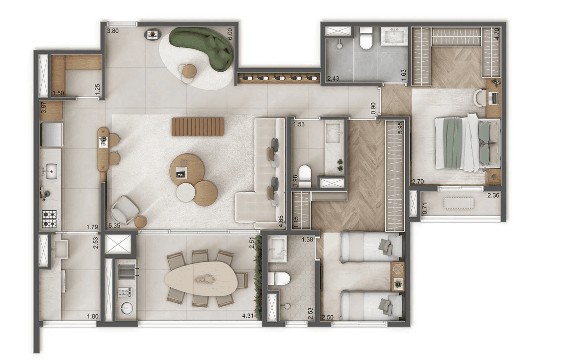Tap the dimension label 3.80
tap(113, 31)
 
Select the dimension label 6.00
tap(230, 34)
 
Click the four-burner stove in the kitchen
tap(49, 219)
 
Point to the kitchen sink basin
tap(50, 171)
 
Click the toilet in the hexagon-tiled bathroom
tap(279, 279)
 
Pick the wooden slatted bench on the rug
tap(198, 126)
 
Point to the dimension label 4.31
tap(248, 316)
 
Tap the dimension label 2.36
tap(493, 195)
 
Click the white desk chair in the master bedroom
tap(480, 98)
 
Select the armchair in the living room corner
tap(125, 210)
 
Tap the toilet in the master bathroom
tap(366, 39)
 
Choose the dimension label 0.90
tap(373, 108)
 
